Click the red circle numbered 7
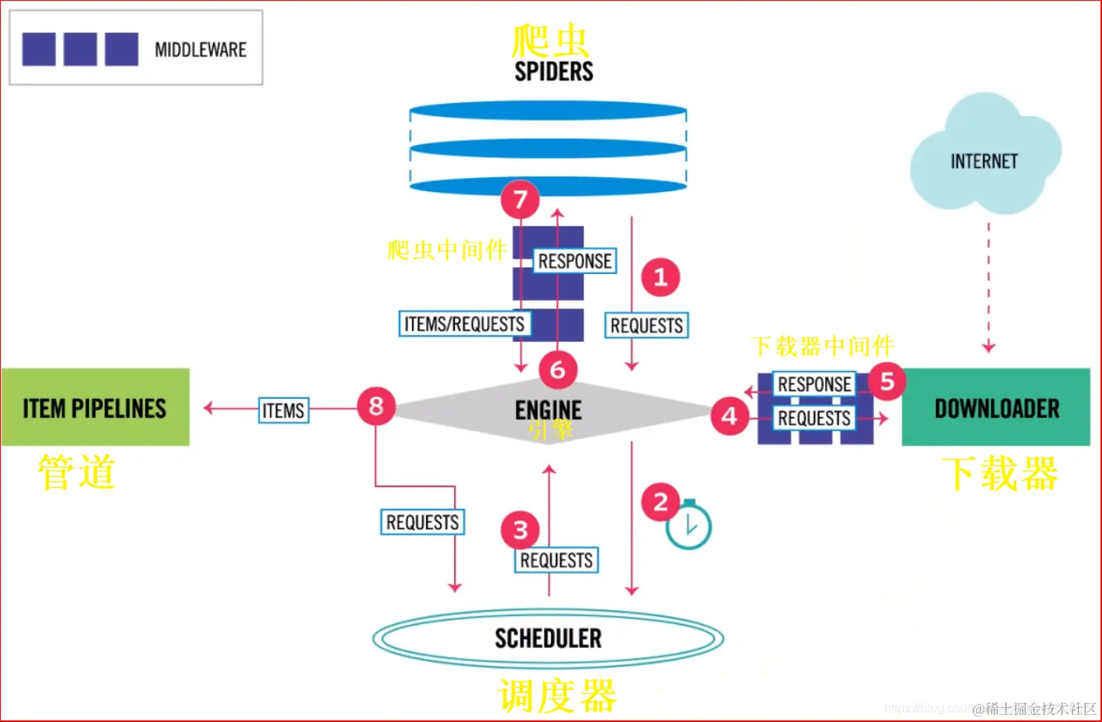[521, 200]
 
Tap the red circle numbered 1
[660, 277]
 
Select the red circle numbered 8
[376, 406]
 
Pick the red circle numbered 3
[521, 530]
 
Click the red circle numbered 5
[887, 381]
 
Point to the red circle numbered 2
[660, 502]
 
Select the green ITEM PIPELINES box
[95, 407]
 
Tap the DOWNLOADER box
[996, 407]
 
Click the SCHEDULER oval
[548, 638]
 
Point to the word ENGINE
[548, 410]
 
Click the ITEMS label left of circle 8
[283, 410]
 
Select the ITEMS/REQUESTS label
[464, 323]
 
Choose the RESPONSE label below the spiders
[574, 261]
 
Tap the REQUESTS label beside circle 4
[814, 418]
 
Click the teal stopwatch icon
[688, 525]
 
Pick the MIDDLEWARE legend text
[201, 50]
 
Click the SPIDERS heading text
[553, 72]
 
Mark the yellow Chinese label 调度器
[557, 695]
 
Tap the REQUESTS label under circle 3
[556, 560]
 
